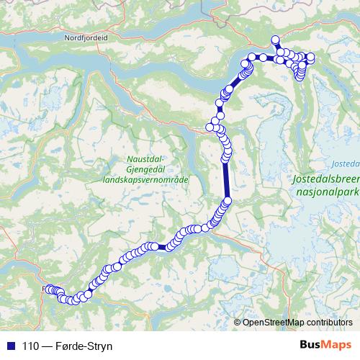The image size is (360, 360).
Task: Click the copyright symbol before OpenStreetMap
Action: click(237, 322)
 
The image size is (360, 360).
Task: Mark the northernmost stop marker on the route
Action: click(274, 40)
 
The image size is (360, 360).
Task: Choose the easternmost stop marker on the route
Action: click(311, 57)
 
